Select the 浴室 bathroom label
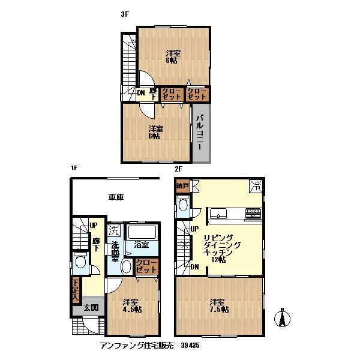142,245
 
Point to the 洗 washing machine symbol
114,229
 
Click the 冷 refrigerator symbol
256,186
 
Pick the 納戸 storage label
182,186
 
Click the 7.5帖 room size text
219,310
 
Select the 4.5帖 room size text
133,310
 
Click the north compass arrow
283,317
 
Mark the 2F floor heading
178,169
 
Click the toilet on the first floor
80,260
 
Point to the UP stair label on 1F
93,226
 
